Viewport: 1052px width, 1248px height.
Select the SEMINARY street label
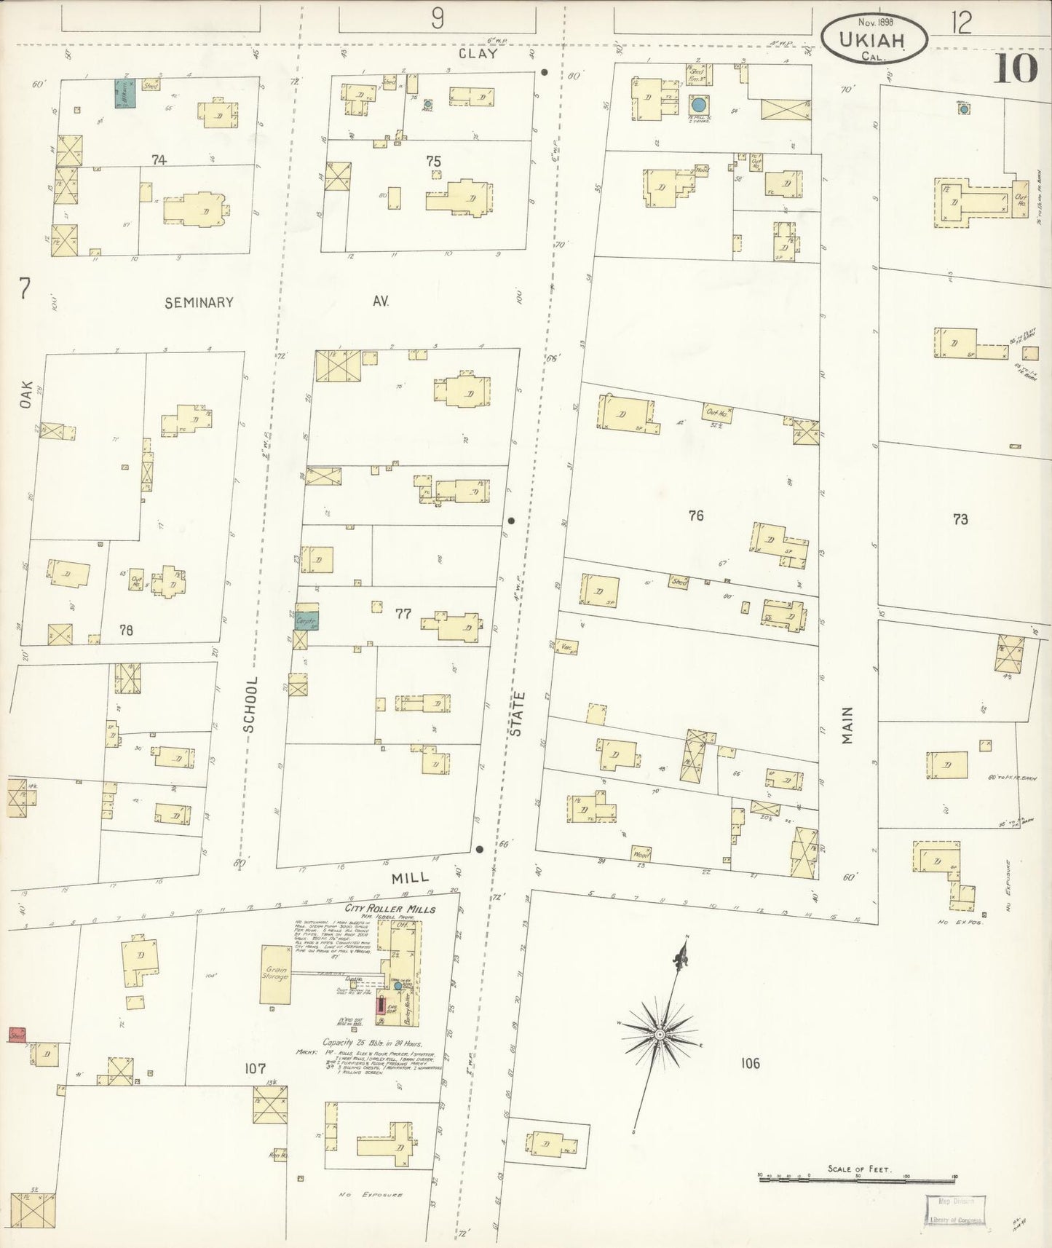199,303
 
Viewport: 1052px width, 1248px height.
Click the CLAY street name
478,54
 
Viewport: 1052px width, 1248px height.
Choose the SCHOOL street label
250,704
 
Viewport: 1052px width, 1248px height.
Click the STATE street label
517,714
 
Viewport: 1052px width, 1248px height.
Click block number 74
158,159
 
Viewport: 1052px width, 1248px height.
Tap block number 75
434,161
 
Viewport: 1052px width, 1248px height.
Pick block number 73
960,519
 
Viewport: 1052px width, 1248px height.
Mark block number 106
750,1063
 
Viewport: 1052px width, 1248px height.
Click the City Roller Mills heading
390,909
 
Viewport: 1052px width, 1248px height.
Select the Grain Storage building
275,973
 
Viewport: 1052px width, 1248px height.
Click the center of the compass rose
659,1034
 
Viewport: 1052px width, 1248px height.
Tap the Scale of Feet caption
858,1169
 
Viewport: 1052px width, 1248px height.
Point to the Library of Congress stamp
955,1211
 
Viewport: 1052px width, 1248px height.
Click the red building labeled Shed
17,1035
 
